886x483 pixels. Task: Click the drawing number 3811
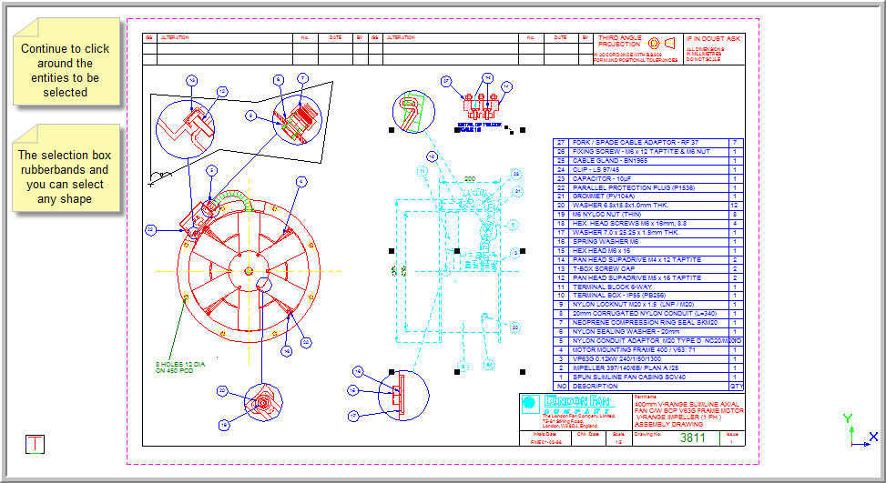692,438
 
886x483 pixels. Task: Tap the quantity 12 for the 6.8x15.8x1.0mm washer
735,205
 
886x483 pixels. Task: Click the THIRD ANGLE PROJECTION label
619,41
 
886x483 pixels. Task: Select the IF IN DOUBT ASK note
714,39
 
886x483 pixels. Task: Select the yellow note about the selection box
66,176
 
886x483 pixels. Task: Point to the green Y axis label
848,418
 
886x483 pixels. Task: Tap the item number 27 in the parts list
561,143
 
